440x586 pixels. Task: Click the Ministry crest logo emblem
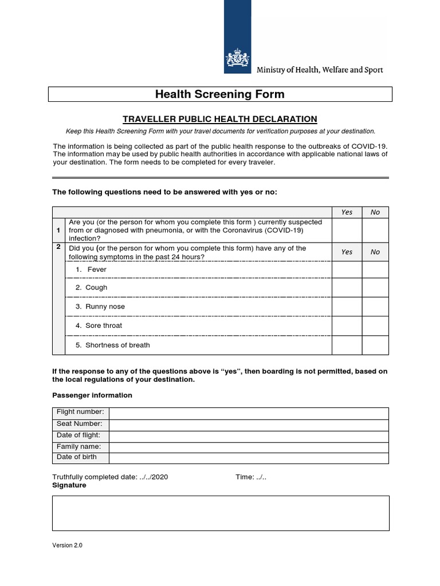point(237,58)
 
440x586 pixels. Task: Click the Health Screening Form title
point(220,94)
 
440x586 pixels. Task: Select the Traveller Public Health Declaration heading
point(220,119)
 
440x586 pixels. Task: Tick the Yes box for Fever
point(347,270)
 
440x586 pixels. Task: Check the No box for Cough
point(375,288)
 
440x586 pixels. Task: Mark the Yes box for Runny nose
point(347,307)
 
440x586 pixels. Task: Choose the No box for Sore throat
point(375,326)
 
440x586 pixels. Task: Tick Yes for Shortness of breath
point(347,345)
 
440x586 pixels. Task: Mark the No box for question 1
point(375,230)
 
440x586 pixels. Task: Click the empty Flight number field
point(249,413)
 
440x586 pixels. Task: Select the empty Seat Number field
point(249,425)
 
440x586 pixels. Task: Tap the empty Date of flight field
point(249,436)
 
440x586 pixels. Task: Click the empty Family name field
point(249,447)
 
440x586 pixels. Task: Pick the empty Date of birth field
point(249,458)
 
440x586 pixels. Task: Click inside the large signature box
point(221,513)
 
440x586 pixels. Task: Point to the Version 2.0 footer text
point(67,546)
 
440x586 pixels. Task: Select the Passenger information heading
point(92,395)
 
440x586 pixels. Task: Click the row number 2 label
point(58,247)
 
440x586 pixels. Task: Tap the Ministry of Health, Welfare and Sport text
point(320,70)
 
